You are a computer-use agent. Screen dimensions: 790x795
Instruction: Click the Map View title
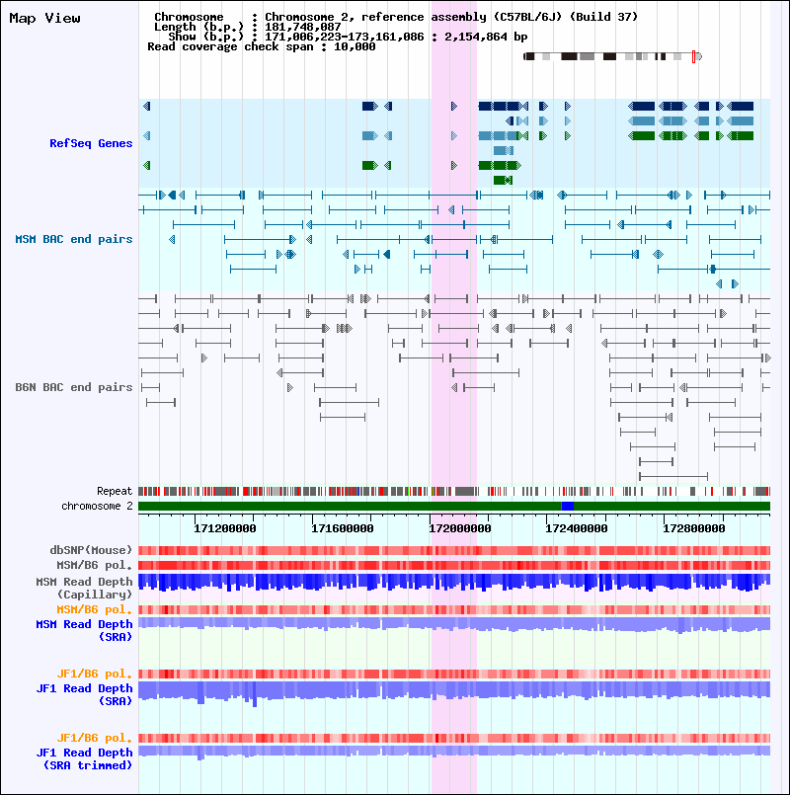44,18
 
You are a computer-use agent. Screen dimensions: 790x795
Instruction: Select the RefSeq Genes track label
91,143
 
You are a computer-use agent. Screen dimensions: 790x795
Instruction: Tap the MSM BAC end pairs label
73,239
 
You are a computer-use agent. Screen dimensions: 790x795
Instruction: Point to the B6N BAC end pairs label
73,387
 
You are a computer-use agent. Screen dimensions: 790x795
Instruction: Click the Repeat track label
115,491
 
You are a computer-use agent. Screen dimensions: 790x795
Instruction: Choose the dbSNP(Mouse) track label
91,550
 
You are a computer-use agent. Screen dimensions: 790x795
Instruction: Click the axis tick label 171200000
224,528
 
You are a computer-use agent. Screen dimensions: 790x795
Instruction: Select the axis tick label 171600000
343,528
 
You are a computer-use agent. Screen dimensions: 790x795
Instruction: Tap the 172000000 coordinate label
460,528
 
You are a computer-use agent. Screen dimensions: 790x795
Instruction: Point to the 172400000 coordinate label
577,528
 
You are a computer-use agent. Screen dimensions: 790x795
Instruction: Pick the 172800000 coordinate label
694,528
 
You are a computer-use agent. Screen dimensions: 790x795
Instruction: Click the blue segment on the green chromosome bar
568,506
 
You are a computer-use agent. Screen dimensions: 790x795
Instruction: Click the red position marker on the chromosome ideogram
693,57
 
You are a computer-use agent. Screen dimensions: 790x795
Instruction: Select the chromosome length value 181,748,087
303,27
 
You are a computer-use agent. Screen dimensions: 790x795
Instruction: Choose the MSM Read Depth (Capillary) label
84,589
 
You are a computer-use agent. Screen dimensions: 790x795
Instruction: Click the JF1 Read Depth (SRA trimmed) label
84,759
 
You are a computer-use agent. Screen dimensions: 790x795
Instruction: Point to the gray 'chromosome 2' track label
97,506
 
